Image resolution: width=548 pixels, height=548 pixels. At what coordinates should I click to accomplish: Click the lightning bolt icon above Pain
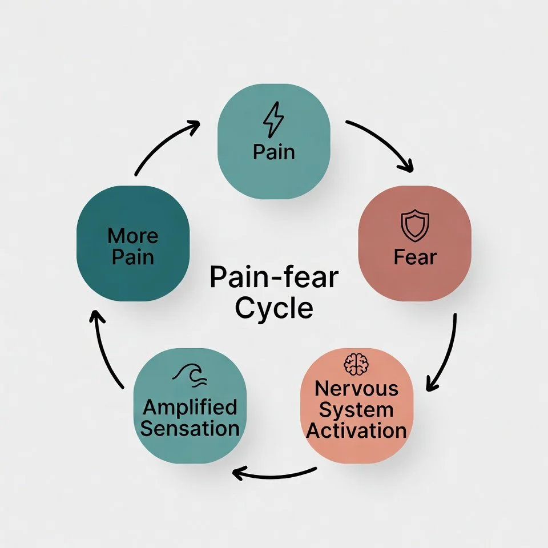273,120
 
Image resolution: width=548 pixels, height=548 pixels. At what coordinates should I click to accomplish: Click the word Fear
415,257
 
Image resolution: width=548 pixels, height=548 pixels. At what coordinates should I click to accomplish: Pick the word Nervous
356,389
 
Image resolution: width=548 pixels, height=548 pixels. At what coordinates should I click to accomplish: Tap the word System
356,409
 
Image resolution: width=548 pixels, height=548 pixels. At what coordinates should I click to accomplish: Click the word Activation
356,430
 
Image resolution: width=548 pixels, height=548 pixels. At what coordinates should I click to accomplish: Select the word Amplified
190,408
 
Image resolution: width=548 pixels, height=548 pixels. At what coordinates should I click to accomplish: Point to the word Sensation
190,428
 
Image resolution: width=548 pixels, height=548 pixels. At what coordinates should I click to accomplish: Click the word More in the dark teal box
133,235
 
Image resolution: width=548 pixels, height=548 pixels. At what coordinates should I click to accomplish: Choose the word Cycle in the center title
274,308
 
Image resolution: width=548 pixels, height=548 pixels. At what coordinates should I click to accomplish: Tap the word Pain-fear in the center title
274,279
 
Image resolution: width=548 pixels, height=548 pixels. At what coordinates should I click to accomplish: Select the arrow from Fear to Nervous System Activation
446,354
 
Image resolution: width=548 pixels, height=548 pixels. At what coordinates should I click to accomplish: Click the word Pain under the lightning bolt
274,152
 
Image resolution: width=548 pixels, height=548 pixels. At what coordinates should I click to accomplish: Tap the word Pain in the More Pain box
133,256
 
